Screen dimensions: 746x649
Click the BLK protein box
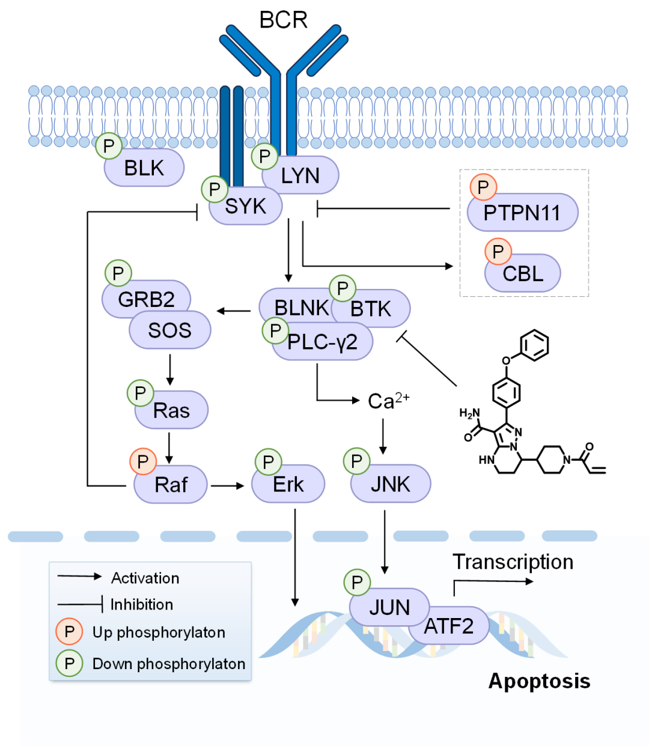tap(144, 168)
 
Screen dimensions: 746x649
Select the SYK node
tap(246, 207)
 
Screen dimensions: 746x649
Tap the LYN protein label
tap(300, 176)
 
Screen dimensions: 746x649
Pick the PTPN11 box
tap(522, 213)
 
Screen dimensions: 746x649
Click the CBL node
tap(523, 274)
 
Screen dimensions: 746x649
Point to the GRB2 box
tap(147, 299)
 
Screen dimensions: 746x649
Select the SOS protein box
tap(170, 330)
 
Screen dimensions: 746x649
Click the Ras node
tap(171, 411)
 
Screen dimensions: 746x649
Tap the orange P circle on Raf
tap(143, 462)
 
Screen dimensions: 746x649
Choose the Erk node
tap(288, 485)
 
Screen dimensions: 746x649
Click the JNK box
tap(391, 484)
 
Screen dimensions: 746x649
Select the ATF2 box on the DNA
tap(449, 626)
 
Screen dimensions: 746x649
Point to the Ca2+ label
tap(388, 401)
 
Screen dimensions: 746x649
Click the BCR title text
tap(283, 20)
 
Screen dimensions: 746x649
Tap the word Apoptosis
tap(539, 681)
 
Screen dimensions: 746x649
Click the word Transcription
tap(513, 562)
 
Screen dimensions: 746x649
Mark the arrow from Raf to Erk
tap(228, 485)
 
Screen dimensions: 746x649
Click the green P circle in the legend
tap(70, 664)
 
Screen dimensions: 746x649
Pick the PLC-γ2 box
tap(323, 342)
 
